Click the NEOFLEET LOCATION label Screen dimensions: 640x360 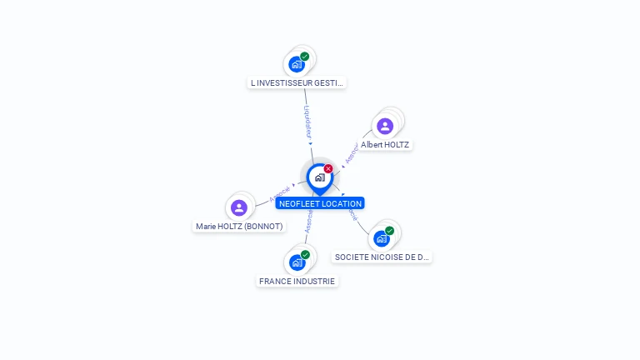coord(320,203)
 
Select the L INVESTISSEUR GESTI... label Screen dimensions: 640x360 coord(297,82)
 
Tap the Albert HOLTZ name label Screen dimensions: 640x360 coord(385,144)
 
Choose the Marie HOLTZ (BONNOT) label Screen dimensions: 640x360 coord(239,226)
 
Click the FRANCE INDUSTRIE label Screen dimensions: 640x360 coord(297,281)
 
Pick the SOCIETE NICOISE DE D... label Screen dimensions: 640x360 coord(382,257)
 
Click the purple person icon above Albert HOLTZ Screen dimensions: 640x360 coord(385,126)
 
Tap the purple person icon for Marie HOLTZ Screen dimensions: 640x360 coord(239,207)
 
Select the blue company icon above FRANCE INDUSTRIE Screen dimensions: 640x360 coord(296,262)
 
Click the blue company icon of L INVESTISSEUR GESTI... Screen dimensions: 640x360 coord(296,64)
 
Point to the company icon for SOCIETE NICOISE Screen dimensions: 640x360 coord(381,238)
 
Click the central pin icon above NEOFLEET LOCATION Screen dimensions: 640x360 coord(319,177)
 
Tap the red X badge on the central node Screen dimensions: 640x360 coord(328,169)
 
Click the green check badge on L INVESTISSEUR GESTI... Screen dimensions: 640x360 coord(305,57)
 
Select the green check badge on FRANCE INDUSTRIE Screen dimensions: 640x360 coord(305,255)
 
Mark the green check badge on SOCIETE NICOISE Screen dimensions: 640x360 coord(390,231)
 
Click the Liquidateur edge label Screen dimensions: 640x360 coord(307,121)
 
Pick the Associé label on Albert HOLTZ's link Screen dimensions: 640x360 coord(352,153)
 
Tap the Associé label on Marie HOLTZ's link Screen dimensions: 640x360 coord(279,194)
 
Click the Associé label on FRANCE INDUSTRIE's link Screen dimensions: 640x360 coord(308,221)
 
